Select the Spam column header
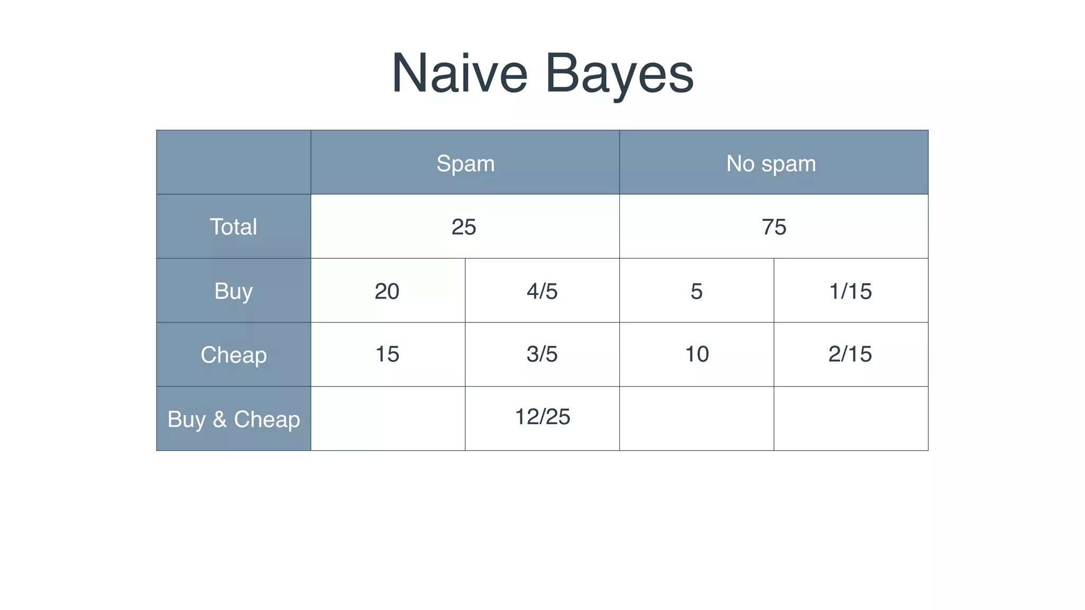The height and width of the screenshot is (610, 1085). pyautogui.click(x=465, y=163)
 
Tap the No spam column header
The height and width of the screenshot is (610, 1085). pyautogui.click(x=771, y=163)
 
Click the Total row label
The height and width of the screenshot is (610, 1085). pyautogui.click(x=233, y=227)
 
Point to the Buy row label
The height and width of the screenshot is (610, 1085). pyautogui.click(x=233, y=291)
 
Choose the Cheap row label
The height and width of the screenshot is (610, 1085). pyautogui.click(x=233, y=355)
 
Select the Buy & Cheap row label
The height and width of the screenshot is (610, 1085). pyautogui.click(x=233, y=419)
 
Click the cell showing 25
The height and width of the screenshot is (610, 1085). pyautogui.click(x=464, y=227)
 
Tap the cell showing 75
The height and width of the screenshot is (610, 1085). pyautogui.click(x=773, y=227)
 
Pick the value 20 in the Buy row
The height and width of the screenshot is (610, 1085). pyautogui.click(x=387, y=291)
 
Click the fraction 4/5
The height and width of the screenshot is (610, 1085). pyautogui.click(x=542, y=291)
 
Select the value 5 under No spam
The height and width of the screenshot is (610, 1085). pyautogui.click(x=696, y=291)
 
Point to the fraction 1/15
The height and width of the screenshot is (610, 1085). pyautogui.click(x=850, y=291)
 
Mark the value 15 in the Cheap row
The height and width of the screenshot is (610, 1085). pyautogui.click(x=387, y=354)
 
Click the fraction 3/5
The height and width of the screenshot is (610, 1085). pyautogui.click(x=542, y=354)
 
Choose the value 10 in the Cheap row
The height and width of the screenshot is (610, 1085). pyautogui.click(x=697, y=354)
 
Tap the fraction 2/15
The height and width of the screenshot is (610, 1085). pyautogui.click(x=850, y=354)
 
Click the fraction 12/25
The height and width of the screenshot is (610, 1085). pyautogui.click(x=542, y=417)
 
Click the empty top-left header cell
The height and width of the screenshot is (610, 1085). pyautogui.click(x=233, y=162)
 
